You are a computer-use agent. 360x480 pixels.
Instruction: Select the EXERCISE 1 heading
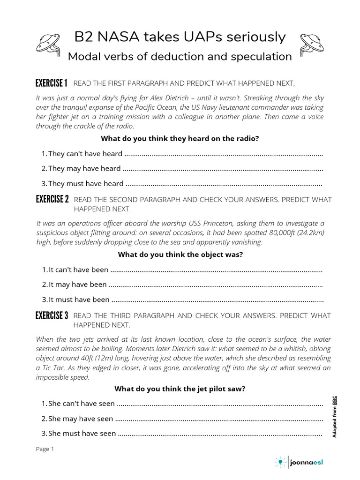pyautogui.click(x=52, y=83)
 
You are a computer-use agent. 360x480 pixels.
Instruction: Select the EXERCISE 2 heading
pyautogui.click(x=52, y=200)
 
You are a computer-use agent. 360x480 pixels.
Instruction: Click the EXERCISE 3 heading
pyautogui.click(x=52, y=315)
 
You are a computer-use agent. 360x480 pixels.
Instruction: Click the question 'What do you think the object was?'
pyautogui.click(x=180, y=255)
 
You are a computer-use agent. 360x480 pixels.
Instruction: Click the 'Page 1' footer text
pyautogui.click(x=45, y=449)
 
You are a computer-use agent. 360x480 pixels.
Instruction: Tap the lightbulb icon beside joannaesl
pyautogui.click(x=280, y=462)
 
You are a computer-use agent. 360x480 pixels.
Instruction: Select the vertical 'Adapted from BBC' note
pyautogui.click(x=334, y=417)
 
